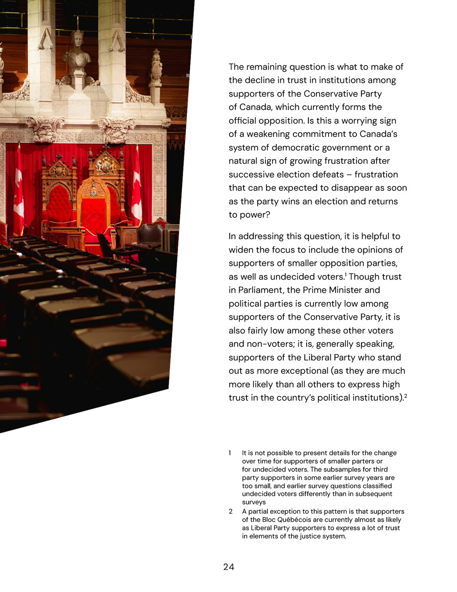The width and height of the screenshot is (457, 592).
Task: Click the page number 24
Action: (228, 567)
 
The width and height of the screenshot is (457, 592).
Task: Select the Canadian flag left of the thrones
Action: (18, 192)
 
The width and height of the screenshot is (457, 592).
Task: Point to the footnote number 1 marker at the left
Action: (230, 453)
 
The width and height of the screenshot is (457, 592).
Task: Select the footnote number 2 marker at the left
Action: (231, 511)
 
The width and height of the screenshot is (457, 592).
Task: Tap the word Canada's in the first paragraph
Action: (378, 135)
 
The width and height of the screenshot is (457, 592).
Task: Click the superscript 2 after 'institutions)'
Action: (405, 396)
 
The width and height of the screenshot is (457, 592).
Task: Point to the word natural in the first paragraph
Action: (244, 161)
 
